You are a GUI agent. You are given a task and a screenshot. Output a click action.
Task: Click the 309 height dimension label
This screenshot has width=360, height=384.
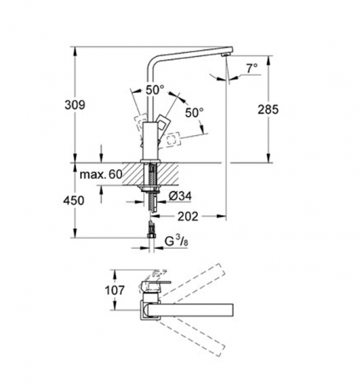pyautogui.click(x=74, y=105)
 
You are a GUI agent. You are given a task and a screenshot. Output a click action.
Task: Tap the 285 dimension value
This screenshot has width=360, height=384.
pyautogui.click(x=268, y=110)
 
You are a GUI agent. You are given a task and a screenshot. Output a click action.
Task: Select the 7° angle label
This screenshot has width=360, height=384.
pyautogui.click(x=252, y=68)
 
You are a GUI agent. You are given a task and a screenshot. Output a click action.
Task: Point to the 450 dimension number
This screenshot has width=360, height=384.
pyautogui.click(x=74, y=200)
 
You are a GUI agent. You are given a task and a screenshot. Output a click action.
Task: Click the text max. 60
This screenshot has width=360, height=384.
pyautogui.click(x=101, y=174)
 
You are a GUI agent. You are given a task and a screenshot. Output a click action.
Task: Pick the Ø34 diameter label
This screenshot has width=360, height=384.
pyautogui.click(x=180, y=197)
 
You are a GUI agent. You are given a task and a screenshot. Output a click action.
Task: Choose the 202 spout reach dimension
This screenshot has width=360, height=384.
pyautogui.click(x=188, y=217)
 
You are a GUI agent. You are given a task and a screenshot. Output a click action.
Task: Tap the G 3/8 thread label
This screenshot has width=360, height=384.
pyautogui.click(x=177, y=242)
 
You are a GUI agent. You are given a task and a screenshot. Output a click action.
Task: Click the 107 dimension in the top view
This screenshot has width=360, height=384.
pyautogui.click(x=114, y=290)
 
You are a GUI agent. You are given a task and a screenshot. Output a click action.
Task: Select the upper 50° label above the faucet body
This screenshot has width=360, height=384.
pyautogui.click(x=155, y=91)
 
